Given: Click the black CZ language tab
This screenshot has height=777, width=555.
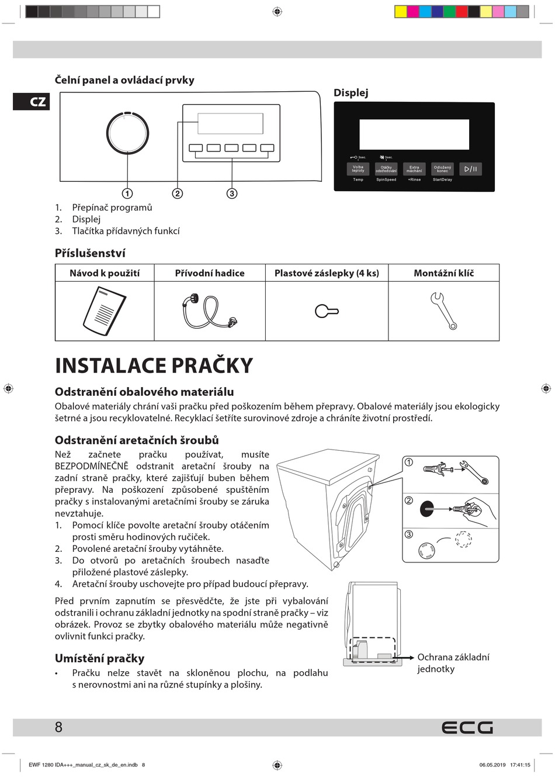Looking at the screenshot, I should tap(32, 102).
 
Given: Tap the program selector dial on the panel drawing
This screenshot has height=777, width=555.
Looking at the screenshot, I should tap(127, 133).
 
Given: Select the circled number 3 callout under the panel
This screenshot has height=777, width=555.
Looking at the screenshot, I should tap(232, 194).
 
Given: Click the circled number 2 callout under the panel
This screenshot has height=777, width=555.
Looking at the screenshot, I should tap(178, 194).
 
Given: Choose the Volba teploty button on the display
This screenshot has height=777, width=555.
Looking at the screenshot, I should tap(358, 169).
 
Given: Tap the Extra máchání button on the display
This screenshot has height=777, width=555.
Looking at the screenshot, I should tap(414, 169).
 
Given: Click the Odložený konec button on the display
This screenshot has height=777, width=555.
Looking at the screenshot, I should tap(442, 169).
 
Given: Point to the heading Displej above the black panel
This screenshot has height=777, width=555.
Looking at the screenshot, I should tap(351, 93).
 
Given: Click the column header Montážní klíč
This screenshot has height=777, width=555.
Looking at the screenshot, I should tap(443, 273).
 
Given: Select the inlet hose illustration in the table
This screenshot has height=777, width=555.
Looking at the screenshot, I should tap(209, 311).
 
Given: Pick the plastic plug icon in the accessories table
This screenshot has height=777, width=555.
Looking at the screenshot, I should tap(326, 311).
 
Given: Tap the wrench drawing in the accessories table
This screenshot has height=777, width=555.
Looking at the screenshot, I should tap(443, 310).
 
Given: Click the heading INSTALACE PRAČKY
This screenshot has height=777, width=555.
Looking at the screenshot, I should tap(154, 366).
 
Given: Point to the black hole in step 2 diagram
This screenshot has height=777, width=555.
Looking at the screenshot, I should tap(427, 508).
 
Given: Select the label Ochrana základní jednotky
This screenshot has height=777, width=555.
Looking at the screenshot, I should tap(453, 663).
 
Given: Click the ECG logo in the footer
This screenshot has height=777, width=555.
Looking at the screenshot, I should tap(467, 727).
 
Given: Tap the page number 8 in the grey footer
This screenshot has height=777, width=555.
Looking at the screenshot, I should tap(58, 727).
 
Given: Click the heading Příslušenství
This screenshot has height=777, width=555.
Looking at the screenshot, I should tap(90, 253).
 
